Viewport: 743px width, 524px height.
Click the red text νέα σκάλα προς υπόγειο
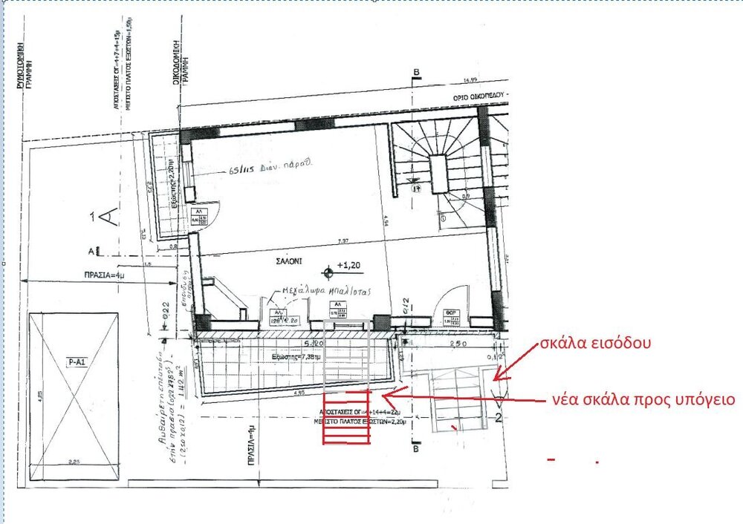coord(643,399)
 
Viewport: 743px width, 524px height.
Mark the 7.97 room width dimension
coord(343,240)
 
